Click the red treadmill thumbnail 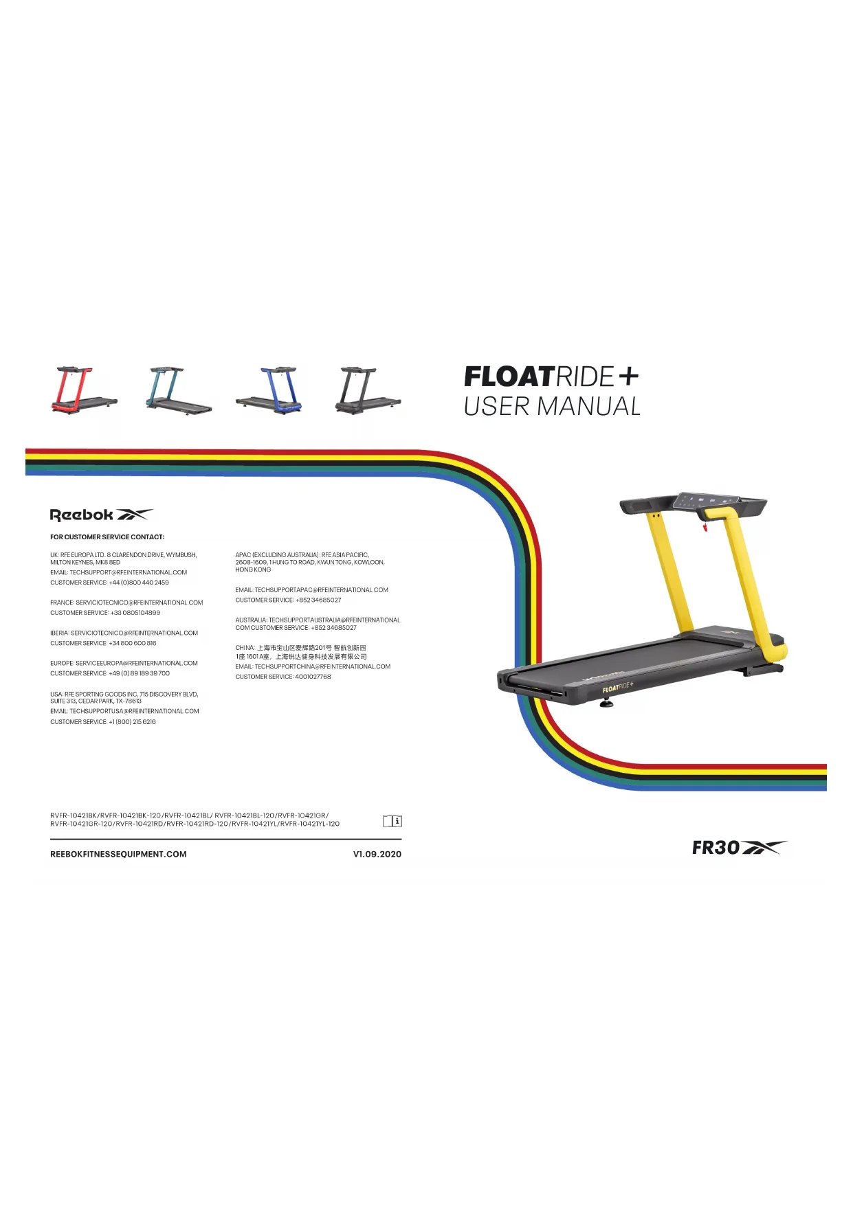83,390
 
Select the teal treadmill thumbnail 177,390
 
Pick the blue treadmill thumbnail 269,390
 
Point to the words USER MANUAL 552,407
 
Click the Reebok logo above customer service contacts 101,515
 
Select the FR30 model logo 738,848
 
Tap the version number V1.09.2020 377,855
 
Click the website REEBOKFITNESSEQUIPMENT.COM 118,855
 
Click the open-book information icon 392,821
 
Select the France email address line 126,602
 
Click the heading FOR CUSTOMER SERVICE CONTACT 107,537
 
